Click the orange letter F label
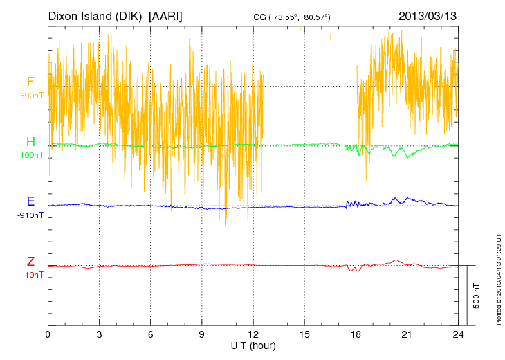[x=30, y=82]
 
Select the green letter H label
[x=30, y=142]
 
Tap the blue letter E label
[x=30, y=201]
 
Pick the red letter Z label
[x=30, y=262]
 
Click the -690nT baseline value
[x=30, y=95]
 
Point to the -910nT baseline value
[x=30, y=215]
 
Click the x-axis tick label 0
[x=48, y=334]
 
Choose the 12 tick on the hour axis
[x=253, y=334]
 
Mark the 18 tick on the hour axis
[x=356, y=334]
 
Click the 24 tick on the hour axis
[x=458, y=334]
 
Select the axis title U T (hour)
[x=253, y=345]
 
